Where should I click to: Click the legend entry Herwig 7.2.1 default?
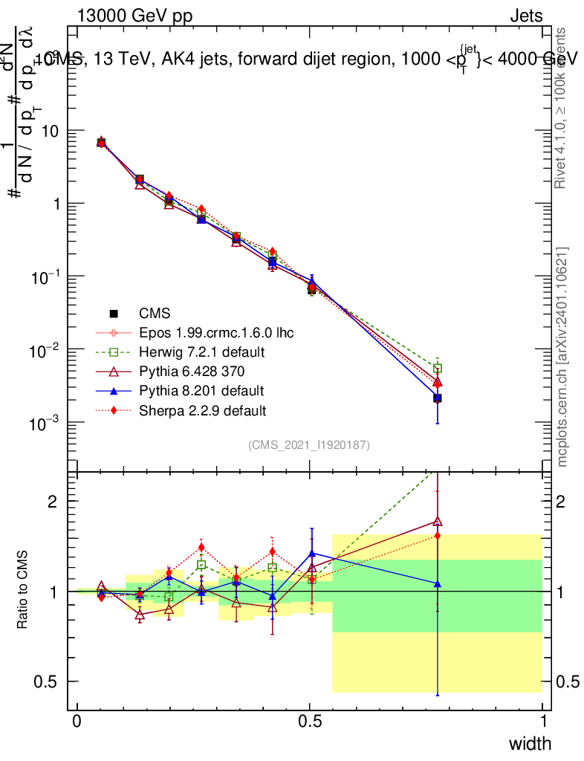pos(203,352)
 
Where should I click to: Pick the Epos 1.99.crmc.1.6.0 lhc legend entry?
pos(216,332)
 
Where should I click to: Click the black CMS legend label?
pos(155,313)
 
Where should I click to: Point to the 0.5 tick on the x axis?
pos(310,721)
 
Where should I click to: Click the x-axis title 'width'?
pos(529,743)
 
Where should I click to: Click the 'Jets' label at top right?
pos(525,16)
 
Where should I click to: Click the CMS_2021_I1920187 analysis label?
pos(309,445)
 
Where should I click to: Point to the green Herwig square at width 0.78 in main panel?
pos(438,368)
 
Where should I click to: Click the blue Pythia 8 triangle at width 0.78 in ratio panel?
pos(438,584)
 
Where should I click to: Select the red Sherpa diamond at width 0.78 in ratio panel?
pos(438,535)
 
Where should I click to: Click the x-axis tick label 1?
pos(543,721)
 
